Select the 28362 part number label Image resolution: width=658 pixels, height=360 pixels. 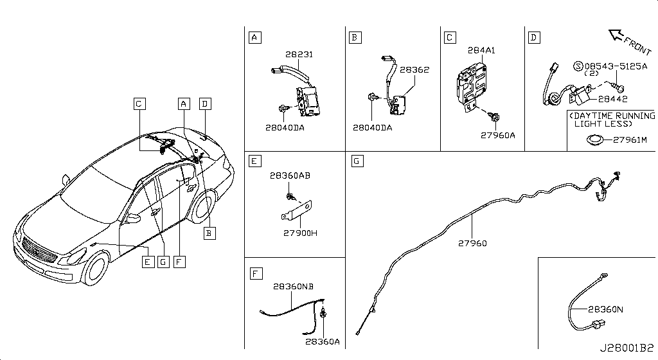point(414,70)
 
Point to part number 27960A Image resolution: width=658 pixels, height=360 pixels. point(499,136)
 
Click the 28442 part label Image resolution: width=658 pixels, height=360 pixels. point(612,99)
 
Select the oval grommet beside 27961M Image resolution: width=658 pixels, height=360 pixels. point(595,139)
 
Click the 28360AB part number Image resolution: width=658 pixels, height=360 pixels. point(290,175)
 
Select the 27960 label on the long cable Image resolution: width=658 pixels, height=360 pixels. point(472,244)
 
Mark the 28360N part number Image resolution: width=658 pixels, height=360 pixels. point(605,309)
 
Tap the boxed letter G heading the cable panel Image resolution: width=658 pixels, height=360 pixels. point(357,159)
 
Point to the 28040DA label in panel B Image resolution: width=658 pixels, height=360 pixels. point(372,128)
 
